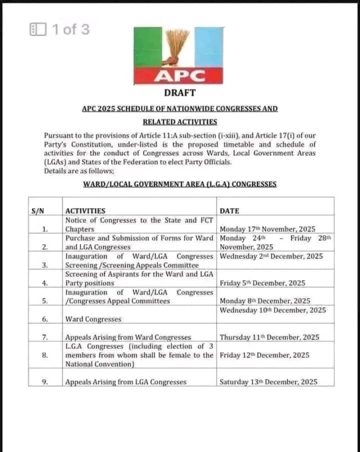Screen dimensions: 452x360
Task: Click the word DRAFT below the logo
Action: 179,92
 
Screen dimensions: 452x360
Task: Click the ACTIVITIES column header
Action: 85,211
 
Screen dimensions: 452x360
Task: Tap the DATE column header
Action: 229,211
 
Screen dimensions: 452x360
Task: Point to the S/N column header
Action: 38,211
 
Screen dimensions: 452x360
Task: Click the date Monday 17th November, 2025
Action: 267,229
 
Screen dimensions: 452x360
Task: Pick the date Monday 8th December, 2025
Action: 265,301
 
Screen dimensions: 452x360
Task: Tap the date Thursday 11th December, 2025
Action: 269,337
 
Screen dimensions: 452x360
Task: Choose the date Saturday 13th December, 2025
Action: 268,382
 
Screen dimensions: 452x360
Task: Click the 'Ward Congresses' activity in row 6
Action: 93,319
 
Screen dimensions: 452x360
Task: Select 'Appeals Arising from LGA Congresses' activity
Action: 125,382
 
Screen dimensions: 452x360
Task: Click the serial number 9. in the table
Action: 44,382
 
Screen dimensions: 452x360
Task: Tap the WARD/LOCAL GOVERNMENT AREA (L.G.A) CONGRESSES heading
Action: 179,184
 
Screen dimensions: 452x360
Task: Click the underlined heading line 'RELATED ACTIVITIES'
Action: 179,121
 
